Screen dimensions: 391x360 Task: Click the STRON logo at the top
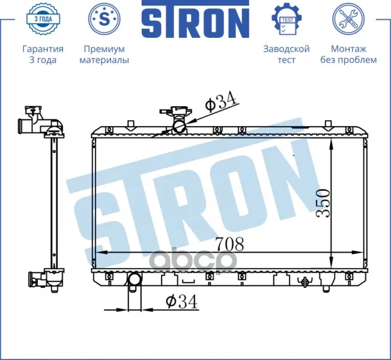(196, 19)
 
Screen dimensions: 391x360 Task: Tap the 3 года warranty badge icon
(43, 19)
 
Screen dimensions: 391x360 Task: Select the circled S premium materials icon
(105, 19)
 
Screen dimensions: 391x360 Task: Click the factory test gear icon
(286, 19)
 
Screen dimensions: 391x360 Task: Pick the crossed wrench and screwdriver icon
(348, 19)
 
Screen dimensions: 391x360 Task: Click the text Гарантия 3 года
(43, 55)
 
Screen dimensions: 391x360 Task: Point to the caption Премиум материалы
(105, 55)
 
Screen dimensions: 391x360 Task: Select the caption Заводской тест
(286, 55)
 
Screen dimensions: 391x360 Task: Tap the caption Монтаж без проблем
(348, 55)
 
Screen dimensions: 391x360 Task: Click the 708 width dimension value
(229, 244)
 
